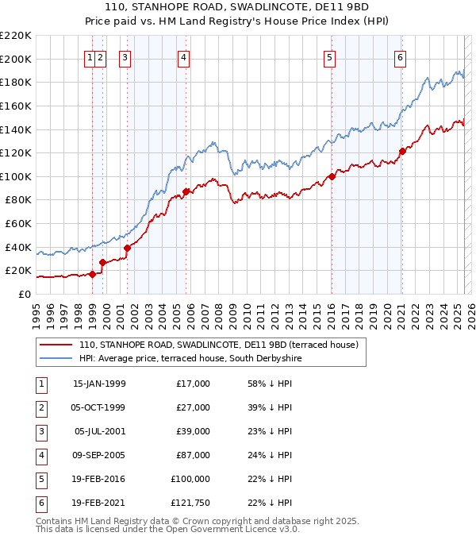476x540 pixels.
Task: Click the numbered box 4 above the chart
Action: click(183, 57)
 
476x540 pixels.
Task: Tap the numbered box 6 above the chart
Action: click(401, 57)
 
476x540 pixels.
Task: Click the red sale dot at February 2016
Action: click(332, 176)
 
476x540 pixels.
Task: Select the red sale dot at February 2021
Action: click(402, 151)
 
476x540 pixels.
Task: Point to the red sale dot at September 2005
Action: click(186, 191)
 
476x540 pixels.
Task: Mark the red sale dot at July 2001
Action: click(127, 248)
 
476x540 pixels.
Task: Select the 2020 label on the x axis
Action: click(387, 310)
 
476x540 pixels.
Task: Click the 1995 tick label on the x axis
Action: click(36, 310)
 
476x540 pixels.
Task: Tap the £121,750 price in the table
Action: click(190, 503)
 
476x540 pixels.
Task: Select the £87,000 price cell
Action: click(194, 455)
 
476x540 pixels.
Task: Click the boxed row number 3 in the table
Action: click(40, 431)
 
